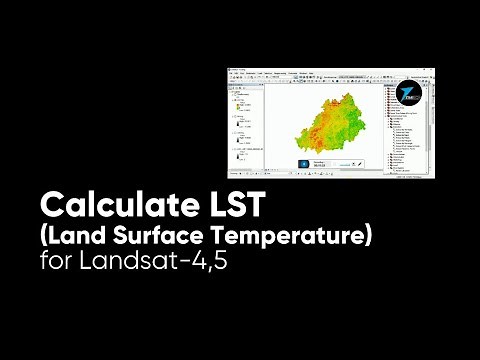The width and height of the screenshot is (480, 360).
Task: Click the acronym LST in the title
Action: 236,206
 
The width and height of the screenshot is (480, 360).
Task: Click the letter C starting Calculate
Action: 50,206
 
